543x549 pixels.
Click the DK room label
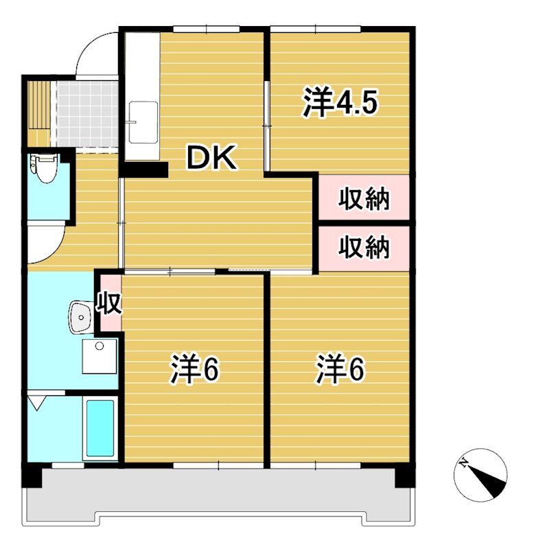pos(212,159)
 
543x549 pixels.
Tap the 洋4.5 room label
pos(340,103)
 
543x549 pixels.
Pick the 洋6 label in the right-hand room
pos(340,370)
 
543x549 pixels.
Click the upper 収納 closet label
pos(364,199)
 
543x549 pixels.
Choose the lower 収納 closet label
pos(364,247)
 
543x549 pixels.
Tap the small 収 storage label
pos(110,302)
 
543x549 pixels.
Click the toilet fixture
pos(45,168)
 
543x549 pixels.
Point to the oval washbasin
pos(81,317)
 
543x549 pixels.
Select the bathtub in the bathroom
pos(100,429)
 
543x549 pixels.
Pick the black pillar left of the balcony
pos(33,476)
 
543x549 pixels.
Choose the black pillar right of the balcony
pos(404,476)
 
